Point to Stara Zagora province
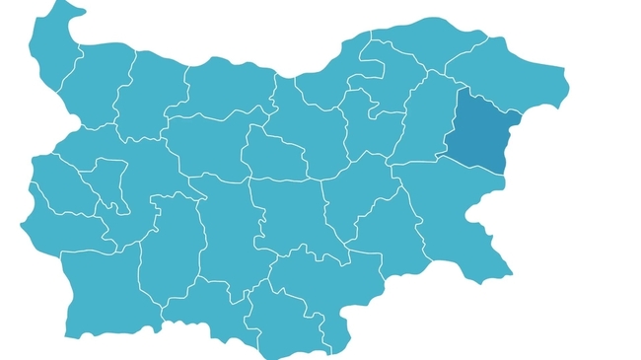click(291, 212)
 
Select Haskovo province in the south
click(325, 271)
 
